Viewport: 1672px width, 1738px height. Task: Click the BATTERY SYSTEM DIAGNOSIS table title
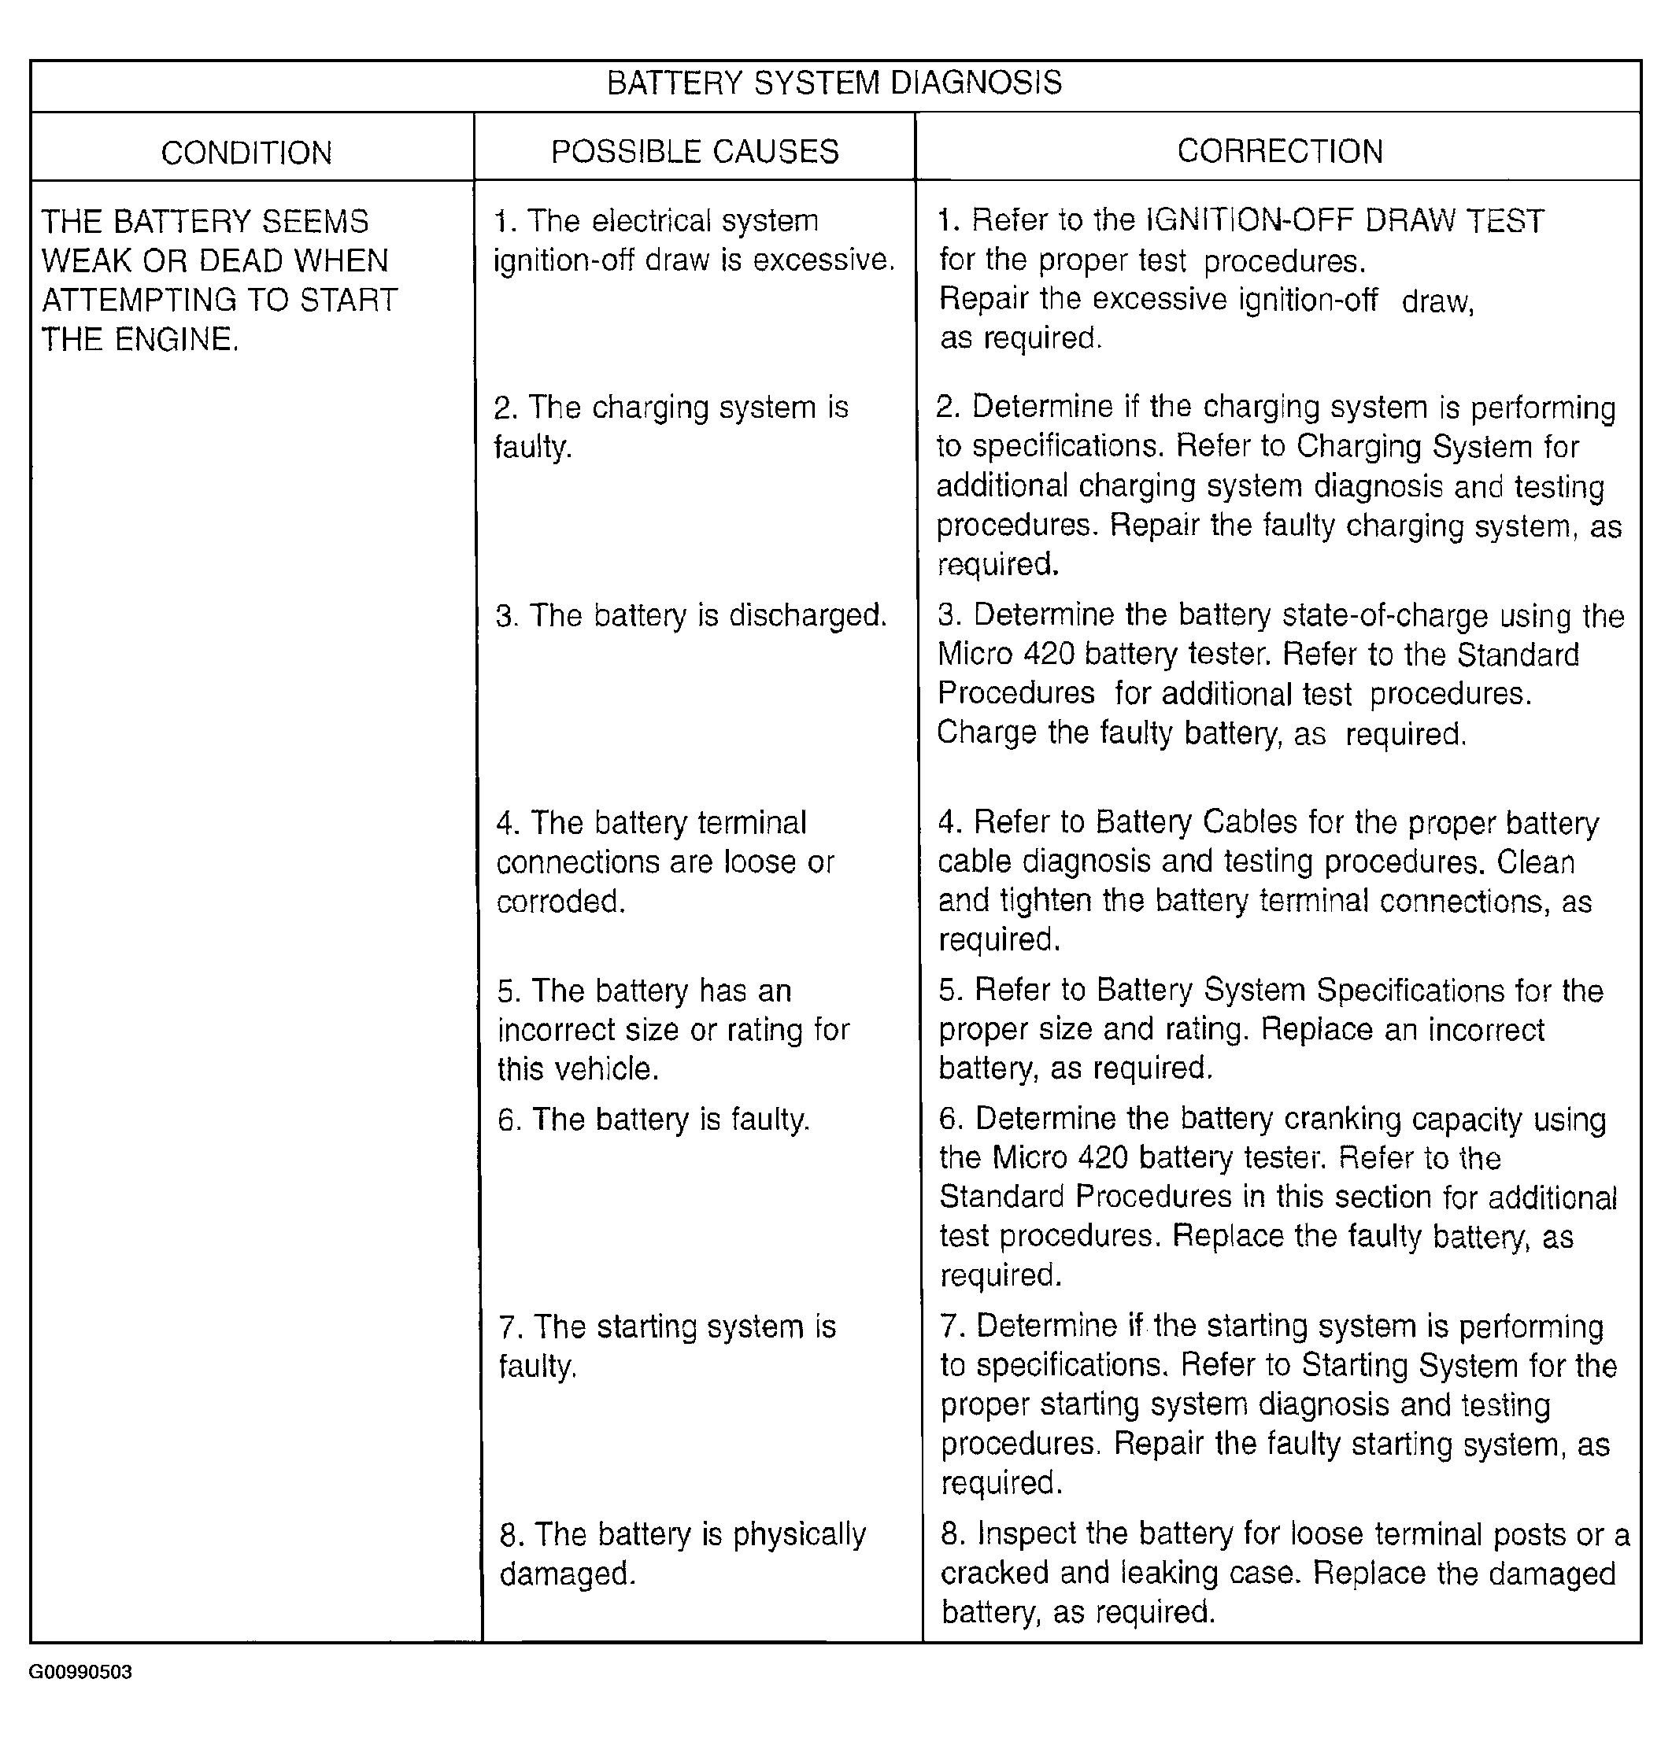tap(834, 83)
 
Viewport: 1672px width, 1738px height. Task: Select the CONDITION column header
tap(246, 153)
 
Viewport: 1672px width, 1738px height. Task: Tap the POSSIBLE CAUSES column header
tap(694, 152)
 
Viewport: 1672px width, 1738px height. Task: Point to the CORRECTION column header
tap(1279, 152)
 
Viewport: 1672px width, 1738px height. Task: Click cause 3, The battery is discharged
tap(691, 615)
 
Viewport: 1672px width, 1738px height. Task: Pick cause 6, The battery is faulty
tap(653, 1120)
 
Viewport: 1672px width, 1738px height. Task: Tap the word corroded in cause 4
tap(560, 902)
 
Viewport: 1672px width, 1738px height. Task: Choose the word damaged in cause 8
tap(568, 1574)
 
